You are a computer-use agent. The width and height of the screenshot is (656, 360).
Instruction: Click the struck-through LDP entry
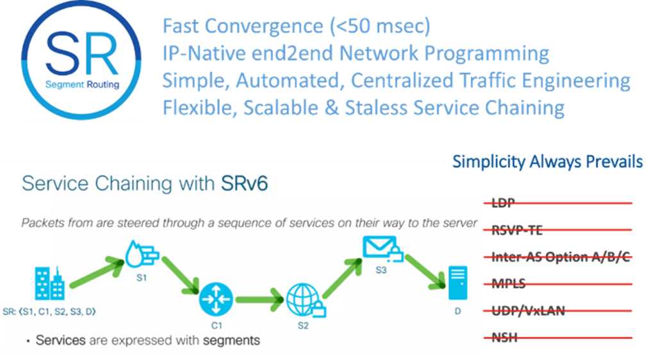click(x=504, y=203)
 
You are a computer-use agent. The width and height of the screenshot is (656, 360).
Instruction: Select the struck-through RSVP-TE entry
click(x=518, y=230)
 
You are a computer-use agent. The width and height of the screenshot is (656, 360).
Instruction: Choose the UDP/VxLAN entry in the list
click(x=528, y=311)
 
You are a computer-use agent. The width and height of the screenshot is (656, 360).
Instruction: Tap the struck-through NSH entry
click(x=504, y=338)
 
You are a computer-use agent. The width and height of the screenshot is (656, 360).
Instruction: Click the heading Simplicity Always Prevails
click(x=547, y=161)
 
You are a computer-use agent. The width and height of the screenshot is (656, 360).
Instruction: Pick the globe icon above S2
click(x=301, y=299)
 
